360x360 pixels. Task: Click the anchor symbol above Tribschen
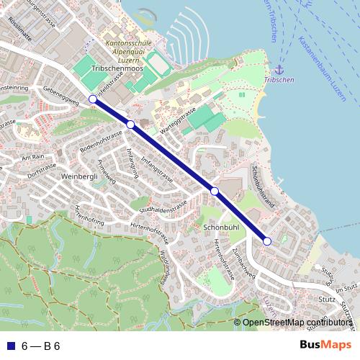click(278, 70)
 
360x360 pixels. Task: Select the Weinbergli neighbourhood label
click(79, 176)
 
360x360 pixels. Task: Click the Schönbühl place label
click(221, 227)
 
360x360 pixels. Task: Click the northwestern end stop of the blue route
click(92, 99)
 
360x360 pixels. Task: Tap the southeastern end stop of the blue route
click(267, 241)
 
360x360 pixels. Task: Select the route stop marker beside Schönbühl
click(215, 191)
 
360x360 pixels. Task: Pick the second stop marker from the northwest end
click(130, 125)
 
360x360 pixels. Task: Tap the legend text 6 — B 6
click(41, 346)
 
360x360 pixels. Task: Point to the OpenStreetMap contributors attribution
click(297, 323)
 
